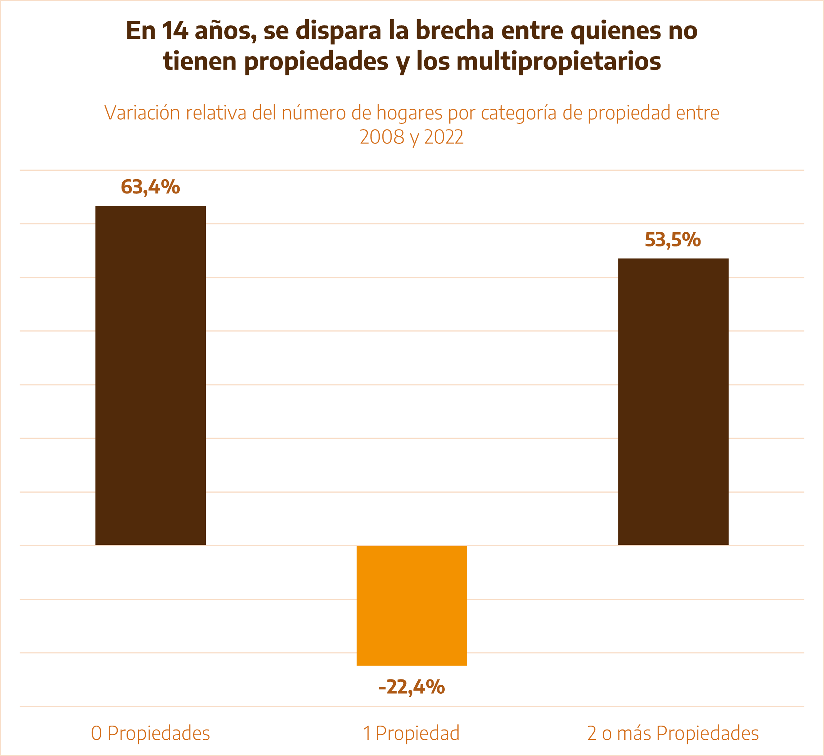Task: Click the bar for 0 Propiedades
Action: click(150, 375)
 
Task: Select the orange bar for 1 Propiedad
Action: click(411, 606)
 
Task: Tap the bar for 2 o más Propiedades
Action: click(673, 401)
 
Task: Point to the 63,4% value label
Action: click(150, 187)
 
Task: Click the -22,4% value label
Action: click(411, 687)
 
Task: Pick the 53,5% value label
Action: click(672, 240)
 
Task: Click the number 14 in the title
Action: click(175, 31)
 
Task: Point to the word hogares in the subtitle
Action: click(409, 113)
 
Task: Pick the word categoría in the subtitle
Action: click(519, 113)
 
